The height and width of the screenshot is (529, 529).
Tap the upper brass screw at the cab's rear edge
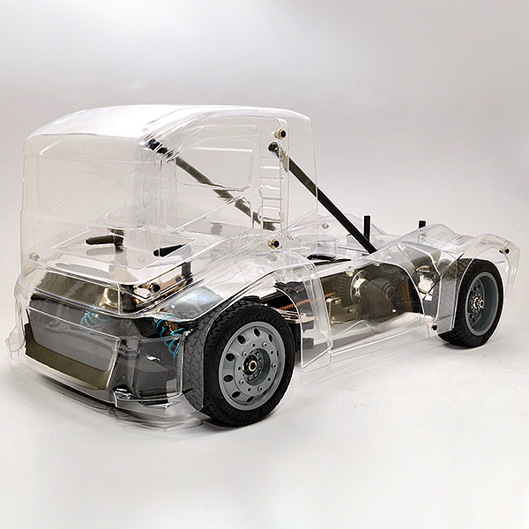(281, 133)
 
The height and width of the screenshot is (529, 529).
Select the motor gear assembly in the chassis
(370, 291)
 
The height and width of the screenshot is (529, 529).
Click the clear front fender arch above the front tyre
(264, 282)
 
